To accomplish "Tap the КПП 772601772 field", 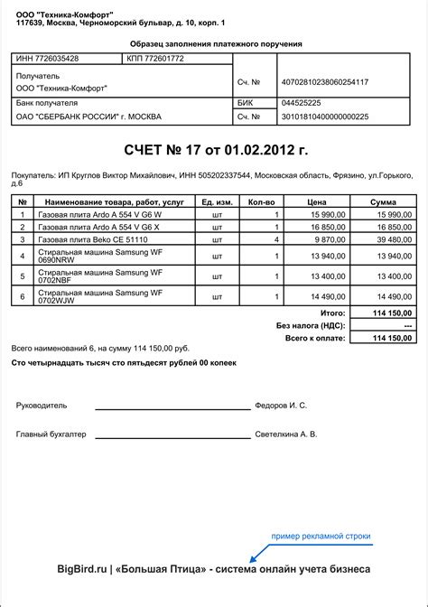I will (155, 59).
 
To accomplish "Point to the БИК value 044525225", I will (302, 103).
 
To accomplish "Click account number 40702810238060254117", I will (325, 82).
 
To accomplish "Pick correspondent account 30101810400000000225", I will (325, 117).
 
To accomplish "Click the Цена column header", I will (316, 201).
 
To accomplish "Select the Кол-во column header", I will (261, 201).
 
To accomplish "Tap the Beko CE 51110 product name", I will (93, 239).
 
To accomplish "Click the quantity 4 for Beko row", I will (275, 239).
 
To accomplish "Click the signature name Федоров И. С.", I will (282, 406).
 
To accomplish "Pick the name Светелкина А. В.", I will (286, 434).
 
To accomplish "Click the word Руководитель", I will (42, 406).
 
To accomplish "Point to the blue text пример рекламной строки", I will (321, 537).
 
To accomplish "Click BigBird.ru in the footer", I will (82, 570).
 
